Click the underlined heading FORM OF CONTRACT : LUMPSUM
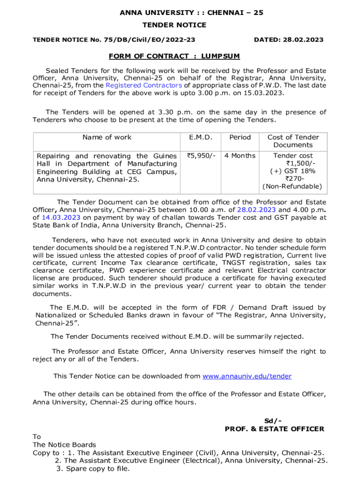174,57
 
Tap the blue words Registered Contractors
144,85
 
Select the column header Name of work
107,137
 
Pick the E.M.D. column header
201,137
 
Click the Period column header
240,137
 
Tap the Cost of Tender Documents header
293,141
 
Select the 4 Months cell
240,156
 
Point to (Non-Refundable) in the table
292,186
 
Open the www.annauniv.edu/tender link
247,376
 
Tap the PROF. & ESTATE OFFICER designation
274,429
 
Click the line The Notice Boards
64,445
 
